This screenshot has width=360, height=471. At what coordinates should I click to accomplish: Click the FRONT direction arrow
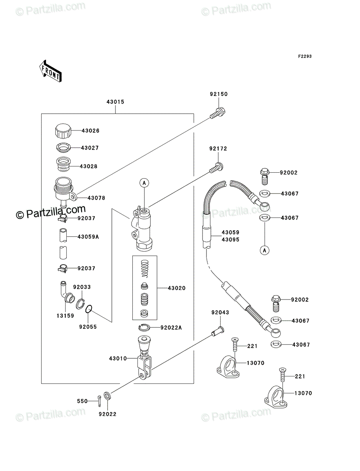point(50,71)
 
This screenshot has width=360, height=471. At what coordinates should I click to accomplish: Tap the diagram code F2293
point(305,56)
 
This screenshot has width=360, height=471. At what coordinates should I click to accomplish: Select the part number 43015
point(115,102)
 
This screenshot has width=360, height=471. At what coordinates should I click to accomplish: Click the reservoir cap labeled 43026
point(63,131)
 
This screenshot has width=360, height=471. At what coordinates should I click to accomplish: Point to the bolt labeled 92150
point(217,113)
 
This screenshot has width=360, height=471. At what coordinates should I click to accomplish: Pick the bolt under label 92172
point(216,168)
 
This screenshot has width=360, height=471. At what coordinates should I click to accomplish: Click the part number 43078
point(96,198)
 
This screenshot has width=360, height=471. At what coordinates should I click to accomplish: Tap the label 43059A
point(88,237)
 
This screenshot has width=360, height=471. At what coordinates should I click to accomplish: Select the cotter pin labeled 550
point(99,401)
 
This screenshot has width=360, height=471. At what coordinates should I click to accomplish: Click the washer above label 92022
point(107,396)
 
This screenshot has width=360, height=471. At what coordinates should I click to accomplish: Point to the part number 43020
point(177,288)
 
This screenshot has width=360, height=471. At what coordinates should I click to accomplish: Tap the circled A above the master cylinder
point(144,183)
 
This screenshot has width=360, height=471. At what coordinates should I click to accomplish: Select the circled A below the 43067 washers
point(265,250)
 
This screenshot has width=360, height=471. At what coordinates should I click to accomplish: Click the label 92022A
point(171,328)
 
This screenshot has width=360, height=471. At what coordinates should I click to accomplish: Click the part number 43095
point(230,240)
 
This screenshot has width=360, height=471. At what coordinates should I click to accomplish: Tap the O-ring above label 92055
point(89,309)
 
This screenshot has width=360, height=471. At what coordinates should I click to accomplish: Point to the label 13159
point(65,316)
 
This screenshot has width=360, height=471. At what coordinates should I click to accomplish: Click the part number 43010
point(118,358)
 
